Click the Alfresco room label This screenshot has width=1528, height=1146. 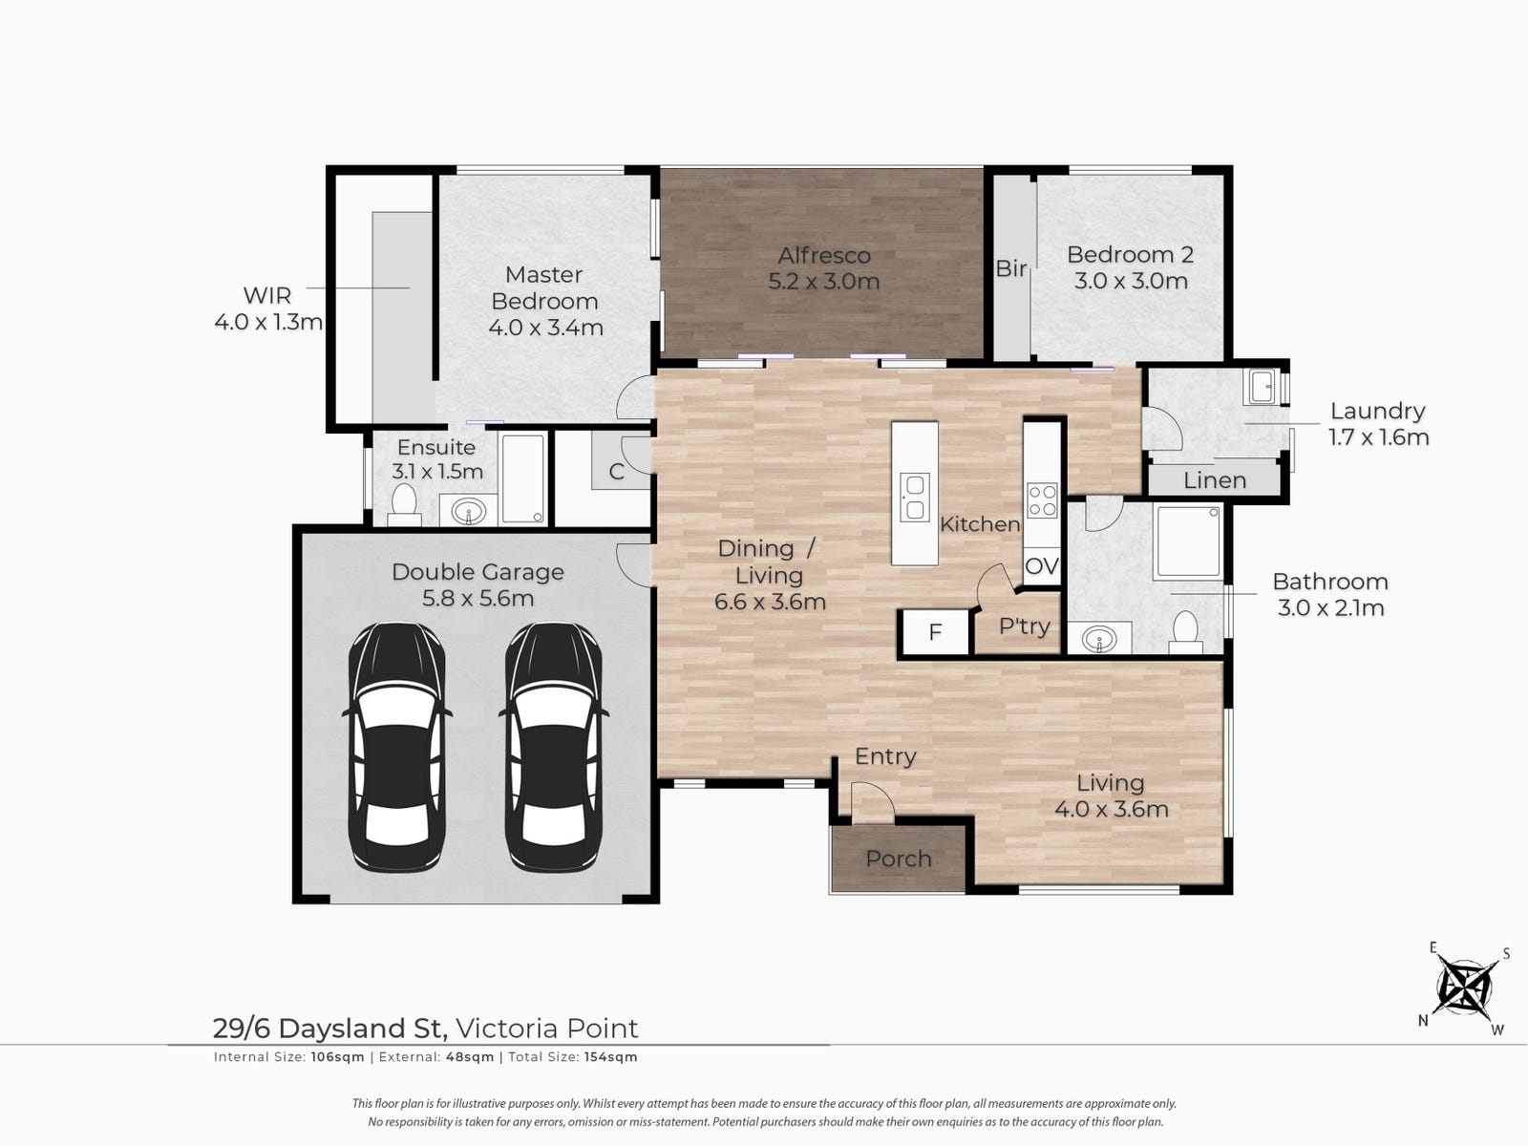(x=823, y=256)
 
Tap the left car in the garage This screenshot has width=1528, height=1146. (x=396, y=747)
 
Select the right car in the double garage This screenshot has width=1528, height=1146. (x=553, y=747)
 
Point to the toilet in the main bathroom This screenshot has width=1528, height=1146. (x=1185, y=632)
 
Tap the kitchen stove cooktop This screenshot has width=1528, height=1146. (x=1043, y=500)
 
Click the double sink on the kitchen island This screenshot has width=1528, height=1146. (x=915, y=497)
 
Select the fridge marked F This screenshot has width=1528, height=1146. (x=935, y=632)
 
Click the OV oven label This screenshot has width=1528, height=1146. (x=1042, y=566)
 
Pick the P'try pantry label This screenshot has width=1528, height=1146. (x=1024, y=626)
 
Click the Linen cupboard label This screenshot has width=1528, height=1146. (x=1215, y=480)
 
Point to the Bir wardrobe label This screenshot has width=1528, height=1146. (x=1010, y=268)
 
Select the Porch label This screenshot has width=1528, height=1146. (x=898, y=859)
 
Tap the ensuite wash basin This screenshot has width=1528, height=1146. (x=469, y=512)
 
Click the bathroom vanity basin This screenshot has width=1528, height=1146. (x=1099, y=638)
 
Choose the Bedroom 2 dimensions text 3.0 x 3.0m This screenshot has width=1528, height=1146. (x=1131, y=281)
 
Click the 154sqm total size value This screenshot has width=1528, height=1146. (x=610, y=1057)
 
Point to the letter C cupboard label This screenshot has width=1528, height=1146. (x=616, y=472)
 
